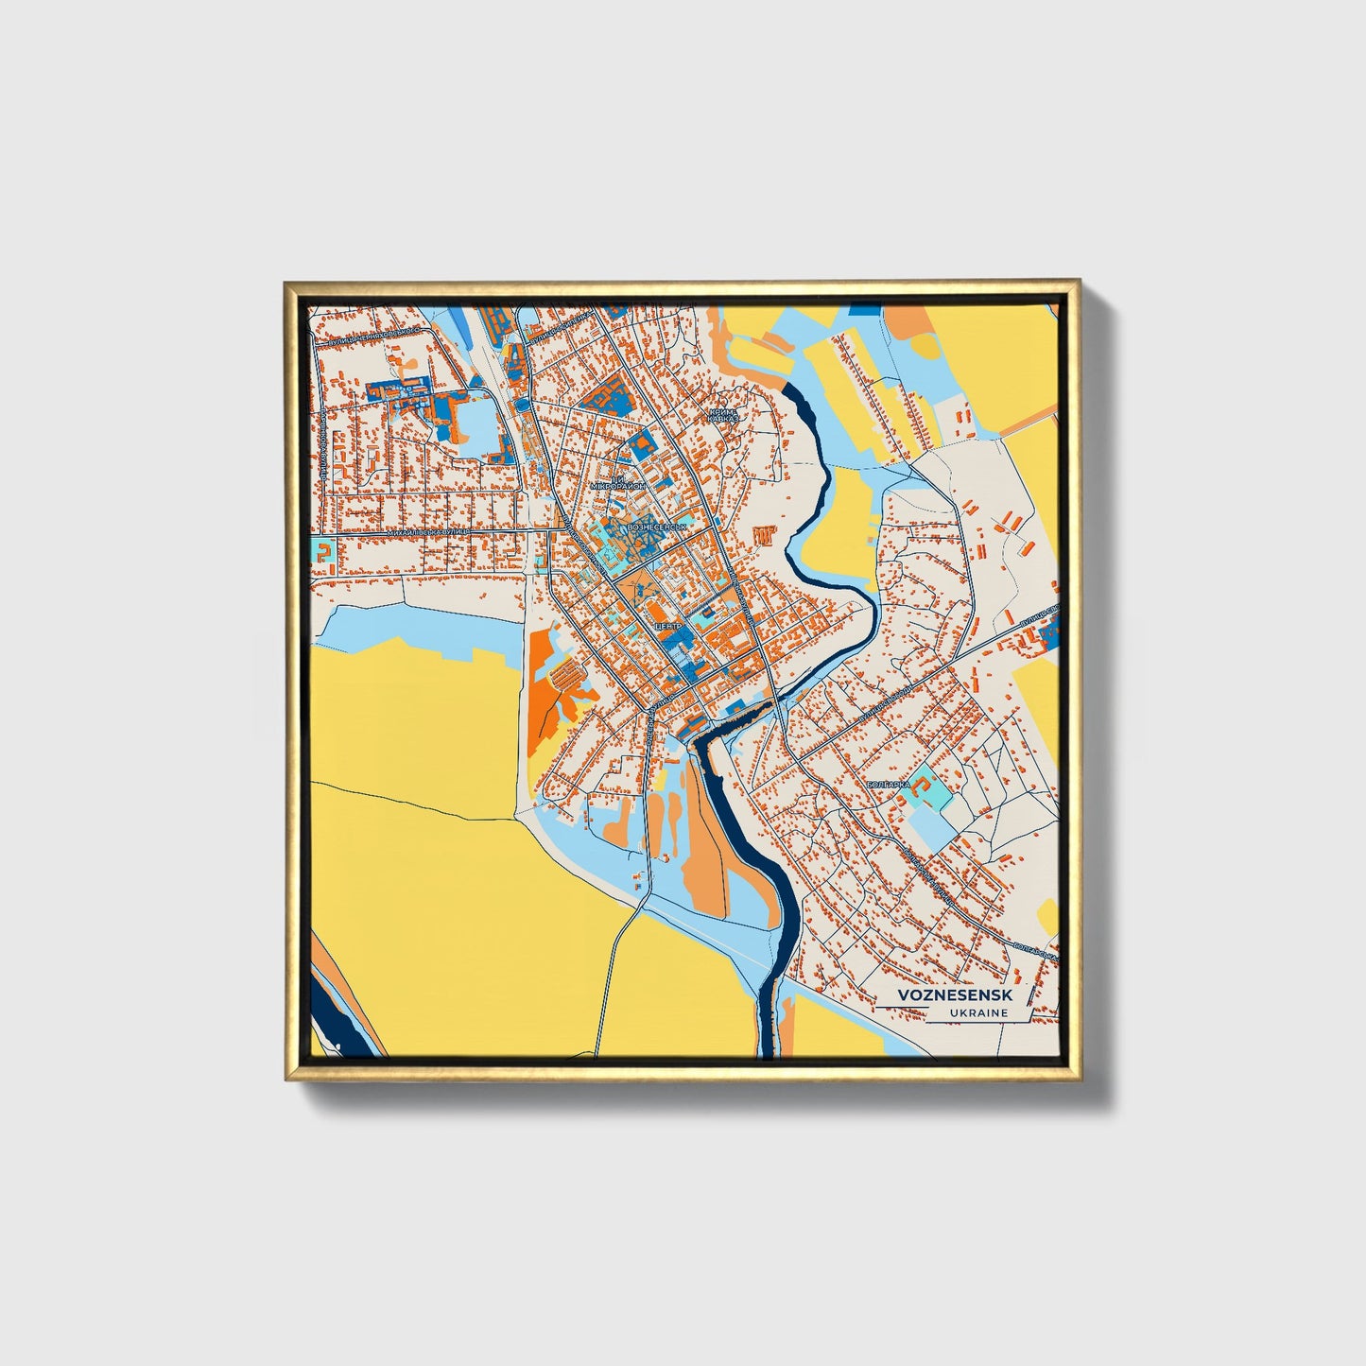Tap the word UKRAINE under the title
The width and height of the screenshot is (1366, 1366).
coord(978,1013)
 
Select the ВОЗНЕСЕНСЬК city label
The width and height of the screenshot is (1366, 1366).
coord(656,526)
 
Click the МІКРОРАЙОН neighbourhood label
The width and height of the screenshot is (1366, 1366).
coord(618,485)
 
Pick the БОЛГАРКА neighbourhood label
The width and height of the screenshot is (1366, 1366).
coord(887,785)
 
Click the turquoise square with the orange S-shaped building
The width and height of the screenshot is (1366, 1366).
coord(324,553)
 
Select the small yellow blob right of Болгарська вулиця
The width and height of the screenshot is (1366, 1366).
coord(1047,913)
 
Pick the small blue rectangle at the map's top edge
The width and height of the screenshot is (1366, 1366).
coord(862,308)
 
